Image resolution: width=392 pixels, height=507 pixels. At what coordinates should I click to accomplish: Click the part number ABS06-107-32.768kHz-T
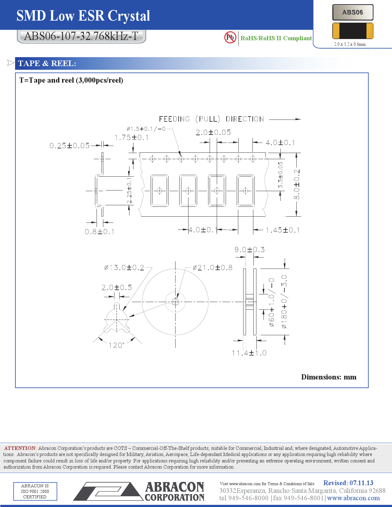coord(81,36)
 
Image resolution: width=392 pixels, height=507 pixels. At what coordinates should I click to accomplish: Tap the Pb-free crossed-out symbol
coord(230,37)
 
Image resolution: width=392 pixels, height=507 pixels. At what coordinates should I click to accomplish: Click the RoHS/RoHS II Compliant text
coord(276,38)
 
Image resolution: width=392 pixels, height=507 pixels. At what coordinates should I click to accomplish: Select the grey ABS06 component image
coord(353,13)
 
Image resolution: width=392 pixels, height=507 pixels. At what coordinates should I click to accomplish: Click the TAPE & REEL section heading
coord(47,63)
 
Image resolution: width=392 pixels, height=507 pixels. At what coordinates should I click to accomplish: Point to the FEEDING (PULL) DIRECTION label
coord(211,119)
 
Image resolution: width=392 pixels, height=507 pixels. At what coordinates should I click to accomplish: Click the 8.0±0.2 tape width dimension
coord(296,184)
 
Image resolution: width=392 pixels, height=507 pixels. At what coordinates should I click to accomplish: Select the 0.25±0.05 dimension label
coord(69,146)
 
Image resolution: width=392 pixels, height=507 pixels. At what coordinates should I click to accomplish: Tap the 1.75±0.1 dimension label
coord(131,138)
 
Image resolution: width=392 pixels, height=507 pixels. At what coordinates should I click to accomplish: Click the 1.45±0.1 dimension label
coord(283,230)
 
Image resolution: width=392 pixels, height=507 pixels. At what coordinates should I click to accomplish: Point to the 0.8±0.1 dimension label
coord(99,232)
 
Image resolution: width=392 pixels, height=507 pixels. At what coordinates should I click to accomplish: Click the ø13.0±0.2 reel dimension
coord(124,268)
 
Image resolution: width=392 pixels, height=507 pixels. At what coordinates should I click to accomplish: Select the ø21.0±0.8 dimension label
coord(212,268)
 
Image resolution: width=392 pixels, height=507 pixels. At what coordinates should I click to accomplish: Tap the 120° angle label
coord(116,345)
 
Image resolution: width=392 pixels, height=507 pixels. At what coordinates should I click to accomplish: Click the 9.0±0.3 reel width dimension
coord(249,250)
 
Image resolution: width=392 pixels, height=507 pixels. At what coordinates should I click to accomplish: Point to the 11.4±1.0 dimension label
coord(249,353)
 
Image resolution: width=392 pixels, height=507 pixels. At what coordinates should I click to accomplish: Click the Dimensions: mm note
coord(328,377)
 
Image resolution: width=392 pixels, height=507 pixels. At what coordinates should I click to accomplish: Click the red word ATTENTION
coord(20,448)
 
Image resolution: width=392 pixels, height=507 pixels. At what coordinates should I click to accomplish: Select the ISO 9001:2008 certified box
coord(35,491)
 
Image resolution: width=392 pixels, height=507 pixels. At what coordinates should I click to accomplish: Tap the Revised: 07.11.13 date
coord(348,483)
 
